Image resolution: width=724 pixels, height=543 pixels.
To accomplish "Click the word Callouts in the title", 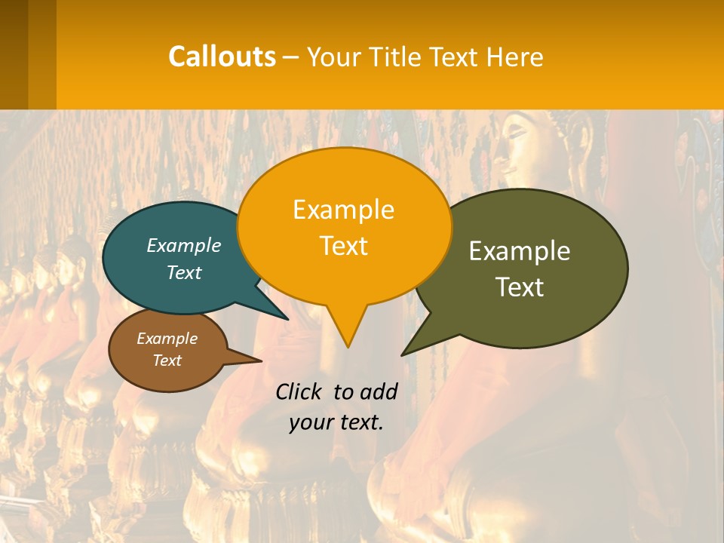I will click(x=222, y=57).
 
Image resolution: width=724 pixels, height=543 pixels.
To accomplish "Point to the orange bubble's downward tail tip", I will click(x=348, y=346).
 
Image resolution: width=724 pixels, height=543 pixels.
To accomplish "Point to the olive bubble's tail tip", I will click(x=403, y=354).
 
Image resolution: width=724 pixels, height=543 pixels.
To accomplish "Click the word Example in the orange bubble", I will click(x=343, y=210).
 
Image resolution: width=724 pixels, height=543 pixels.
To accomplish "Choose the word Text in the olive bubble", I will click(x=520, y=287).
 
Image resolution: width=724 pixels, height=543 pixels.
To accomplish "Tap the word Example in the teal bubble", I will click(x=184, y=246).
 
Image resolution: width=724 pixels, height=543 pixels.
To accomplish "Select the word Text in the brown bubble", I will click(x=167, y=360).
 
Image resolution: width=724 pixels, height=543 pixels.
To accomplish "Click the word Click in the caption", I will click(x=301, y=391).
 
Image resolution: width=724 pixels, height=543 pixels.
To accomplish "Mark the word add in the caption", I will click(x=378, y=391).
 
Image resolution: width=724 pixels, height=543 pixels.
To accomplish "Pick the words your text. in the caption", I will click(x=336, y=422).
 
